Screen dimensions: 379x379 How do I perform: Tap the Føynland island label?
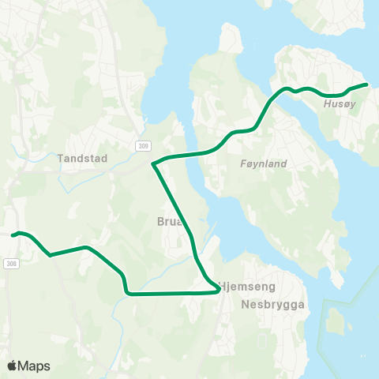(x=263, y=164)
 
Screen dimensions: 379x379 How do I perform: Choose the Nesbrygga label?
(x=273, y=303)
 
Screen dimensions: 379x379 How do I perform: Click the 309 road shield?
(x=142, y=145)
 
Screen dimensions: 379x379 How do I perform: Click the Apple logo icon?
(x=12, y=366)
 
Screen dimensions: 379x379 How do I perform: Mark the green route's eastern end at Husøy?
(x=366, y=84)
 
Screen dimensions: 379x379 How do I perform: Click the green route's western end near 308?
(x=13, y=235)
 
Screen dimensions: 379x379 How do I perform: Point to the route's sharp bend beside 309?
(x=153, y=164)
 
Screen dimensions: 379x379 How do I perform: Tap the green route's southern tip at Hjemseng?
(x=217, y=291)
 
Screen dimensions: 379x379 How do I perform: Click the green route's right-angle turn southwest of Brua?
(x=126, y=293)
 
